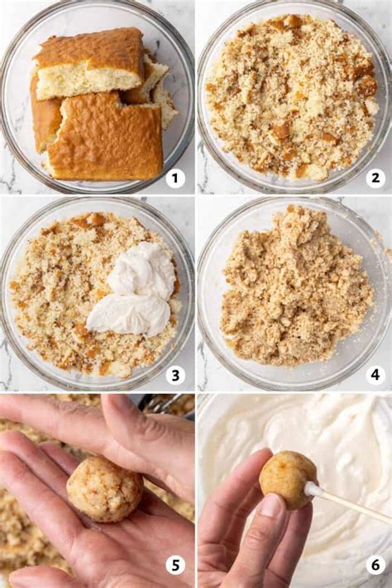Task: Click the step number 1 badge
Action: tap(174, 178)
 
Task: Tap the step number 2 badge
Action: tap(375, 178)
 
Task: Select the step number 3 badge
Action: tap(174, 375)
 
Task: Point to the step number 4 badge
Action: tap(375, 375)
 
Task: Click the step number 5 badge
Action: tap(174, 565)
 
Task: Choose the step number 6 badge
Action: tap(375, 565)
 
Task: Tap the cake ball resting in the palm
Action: tap(104, 489)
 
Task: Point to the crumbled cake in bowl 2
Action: tap(294, 95)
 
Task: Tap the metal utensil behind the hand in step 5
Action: tap(157, 402)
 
